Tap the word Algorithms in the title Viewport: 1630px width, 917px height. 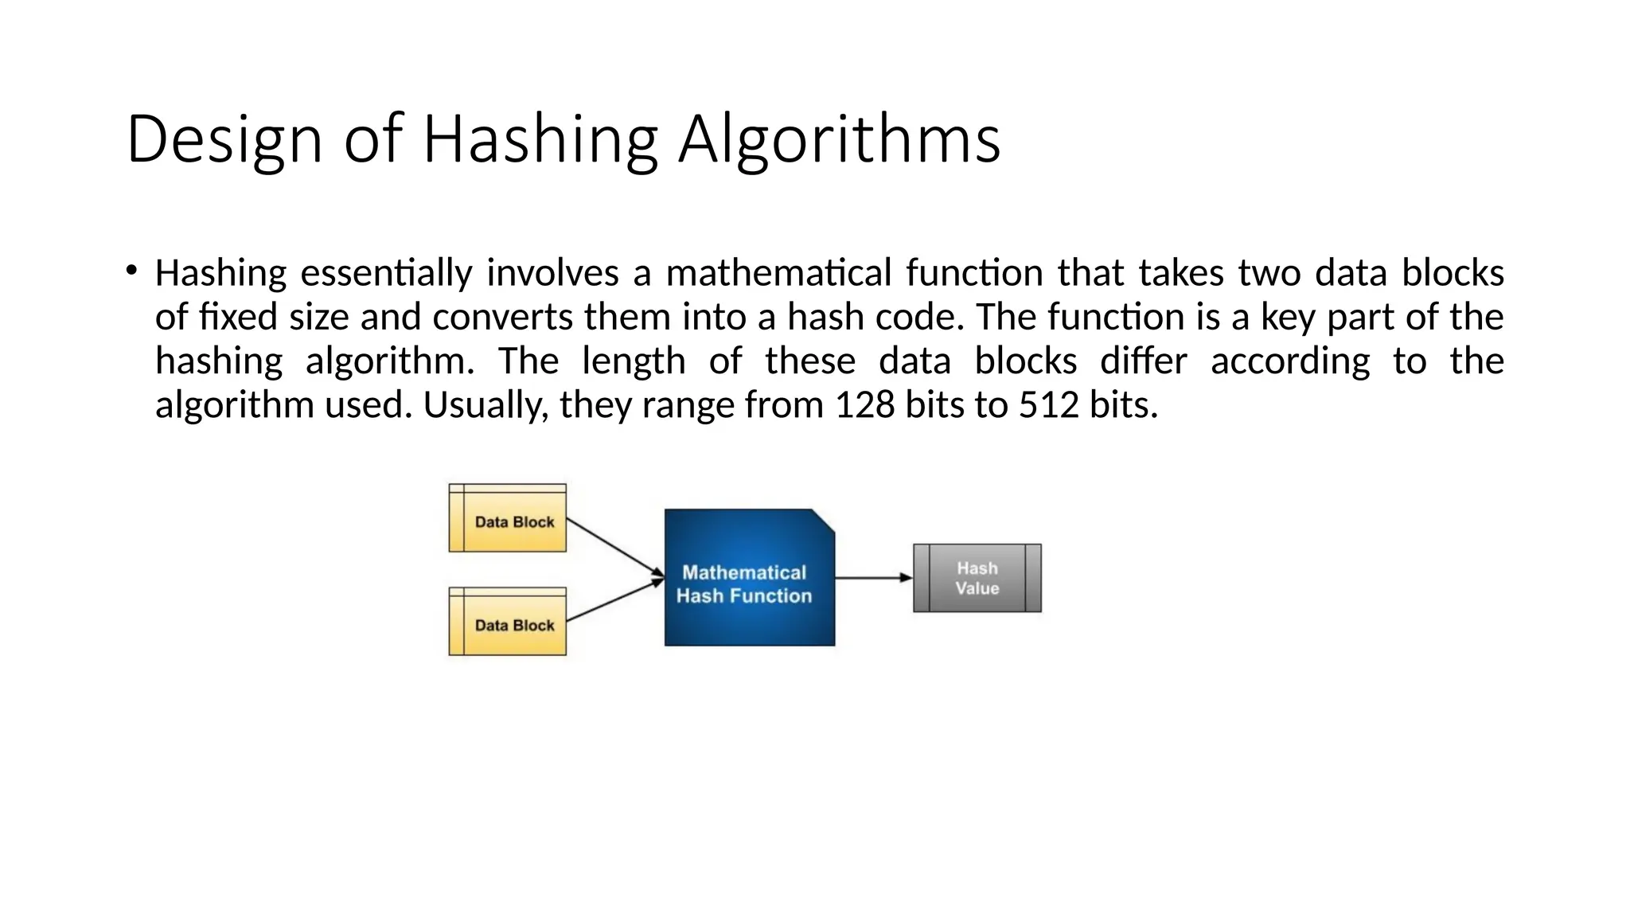[839, 140]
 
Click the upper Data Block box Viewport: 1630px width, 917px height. [508, 518]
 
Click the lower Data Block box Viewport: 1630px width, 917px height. [508, 622]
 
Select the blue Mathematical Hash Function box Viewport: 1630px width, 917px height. [749, 578]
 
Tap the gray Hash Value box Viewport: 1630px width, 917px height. [977, 578]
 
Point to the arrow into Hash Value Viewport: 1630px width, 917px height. [873, 578]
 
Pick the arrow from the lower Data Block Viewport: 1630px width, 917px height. [614, 600]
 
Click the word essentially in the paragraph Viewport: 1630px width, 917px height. [386, 273]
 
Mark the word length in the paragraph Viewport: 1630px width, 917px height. [634, 361]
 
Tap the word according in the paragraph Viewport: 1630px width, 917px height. [1290, 361]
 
